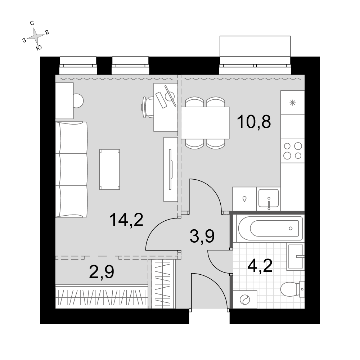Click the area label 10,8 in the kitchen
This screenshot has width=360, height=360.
pos(254,122)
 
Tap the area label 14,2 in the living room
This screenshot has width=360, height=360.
pos(126,220)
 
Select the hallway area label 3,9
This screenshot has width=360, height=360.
pos(202,237)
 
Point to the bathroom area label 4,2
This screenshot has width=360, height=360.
pos(260,266)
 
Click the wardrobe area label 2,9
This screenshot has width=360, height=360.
pos(102,272)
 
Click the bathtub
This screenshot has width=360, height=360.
pos(270,229)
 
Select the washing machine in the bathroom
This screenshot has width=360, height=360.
pos(245,300)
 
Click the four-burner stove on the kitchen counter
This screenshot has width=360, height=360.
pos(292,150)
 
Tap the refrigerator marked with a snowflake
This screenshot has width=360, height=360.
pos(292,103)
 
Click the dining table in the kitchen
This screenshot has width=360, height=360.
pos(205,123)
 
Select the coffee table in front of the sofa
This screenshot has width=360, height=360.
pos(109,170)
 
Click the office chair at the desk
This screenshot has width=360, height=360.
pos(148,107)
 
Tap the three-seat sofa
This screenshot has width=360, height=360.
pos(71,170)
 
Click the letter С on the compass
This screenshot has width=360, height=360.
pos(32,23)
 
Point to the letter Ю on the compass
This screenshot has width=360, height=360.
pos(39,48)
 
